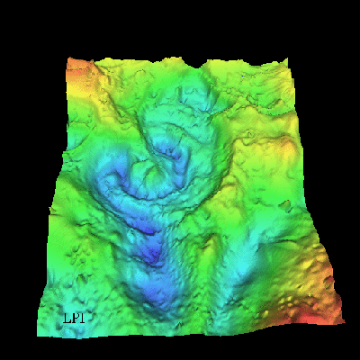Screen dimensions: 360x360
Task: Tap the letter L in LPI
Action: pyautogui.click(x=66, y=318)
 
